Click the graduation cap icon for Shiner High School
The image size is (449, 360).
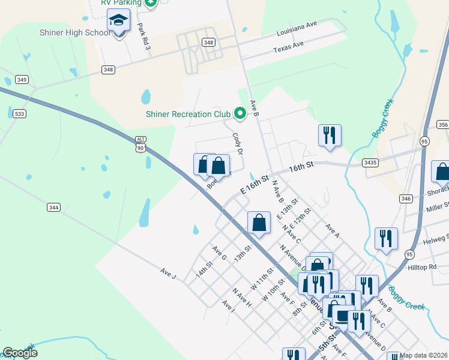click(119, 21)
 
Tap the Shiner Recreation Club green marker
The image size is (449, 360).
click(240, 113)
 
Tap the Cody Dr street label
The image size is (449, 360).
click(238, 143)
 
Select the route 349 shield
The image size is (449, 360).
click(22, 79)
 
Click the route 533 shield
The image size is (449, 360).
click(20, 113)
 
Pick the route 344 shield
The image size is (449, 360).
click(53, 208)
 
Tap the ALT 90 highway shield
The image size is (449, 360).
click(140, 144)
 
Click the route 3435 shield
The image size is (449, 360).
click(370, 162)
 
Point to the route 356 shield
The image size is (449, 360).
click(442, 125)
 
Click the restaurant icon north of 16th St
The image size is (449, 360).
click(330, 135)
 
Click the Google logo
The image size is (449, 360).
click(20, 352)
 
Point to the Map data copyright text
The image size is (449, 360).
click(423, 355)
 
